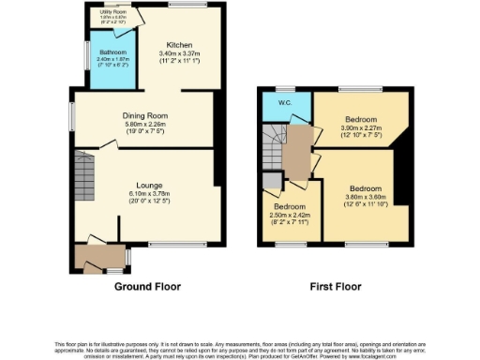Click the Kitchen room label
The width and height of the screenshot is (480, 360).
click(x=180, y=45)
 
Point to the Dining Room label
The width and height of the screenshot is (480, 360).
click(x=145, y=116)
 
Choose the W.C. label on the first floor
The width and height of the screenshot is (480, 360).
click(x=277, y=104)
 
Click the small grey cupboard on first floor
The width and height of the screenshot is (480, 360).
click(x=272, y=181)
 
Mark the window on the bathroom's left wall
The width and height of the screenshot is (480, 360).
click(x=87, y=58)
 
